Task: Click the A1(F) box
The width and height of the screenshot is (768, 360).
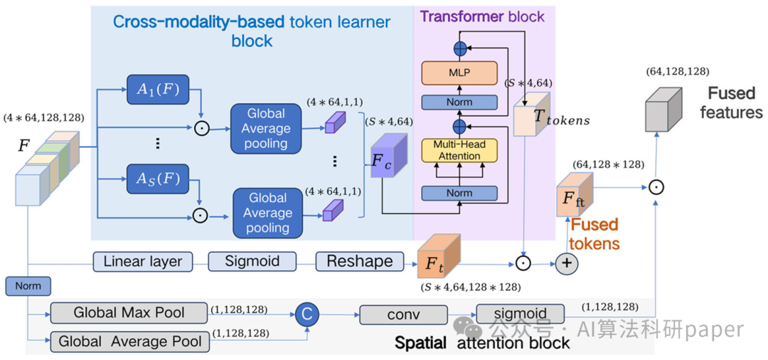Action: (x=157, y=90)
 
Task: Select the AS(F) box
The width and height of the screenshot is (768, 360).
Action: (x=157, y=179)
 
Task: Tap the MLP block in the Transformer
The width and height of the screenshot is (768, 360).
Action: (x=459, y=73)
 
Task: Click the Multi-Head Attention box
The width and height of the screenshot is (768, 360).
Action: (x=459, y=151)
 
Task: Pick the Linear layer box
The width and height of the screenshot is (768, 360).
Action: (x=143, y=261)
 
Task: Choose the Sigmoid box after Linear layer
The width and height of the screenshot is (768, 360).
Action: (x=252, y=261)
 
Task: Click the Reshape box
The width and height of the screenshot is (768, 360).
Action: (x=359, y=261)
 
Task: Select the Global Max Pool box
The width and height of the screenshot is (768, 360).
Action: (x=129, y=312)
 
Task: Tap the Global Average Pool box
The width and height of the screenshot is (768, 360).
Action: (x=130, y=342)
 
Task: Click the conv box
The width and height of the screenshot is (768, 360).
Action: (x=403, y=314)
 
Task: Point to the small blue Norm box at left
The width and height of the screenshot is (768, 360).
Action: (x=28, y=286)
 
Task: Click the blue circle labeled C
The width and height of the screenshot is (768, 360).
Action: (x=307, y=314)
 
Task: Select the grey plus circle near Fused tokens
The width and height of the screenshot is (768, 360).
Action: (x=566, y=263)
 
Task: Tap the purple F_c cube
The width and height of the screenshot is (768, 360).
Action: (x=388, y=160)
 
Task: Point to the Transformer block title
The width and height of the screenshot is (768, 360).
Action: (x=482, y=16)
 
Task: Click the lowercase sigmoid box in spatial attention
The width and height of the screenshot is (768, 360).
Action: (x=521, y=314)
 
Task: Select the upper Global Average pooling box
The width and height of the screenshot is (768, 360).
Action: (x=266, y=129)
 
